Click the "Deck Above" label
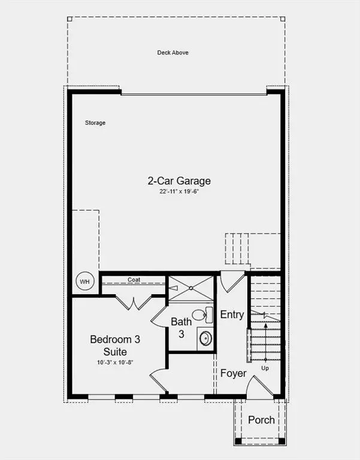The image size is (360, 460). tap(173, 53)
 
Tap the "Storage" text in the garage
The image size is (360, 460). tap(95, 123)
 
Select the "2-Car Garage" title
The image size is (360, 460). tap(179, 180)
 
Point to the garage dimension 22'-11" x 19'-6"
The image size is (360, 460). tap(179, 192)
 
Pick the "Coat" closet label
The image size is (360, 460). tap(134, 280)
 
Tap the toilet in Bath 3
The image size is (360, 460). tap(202, 315)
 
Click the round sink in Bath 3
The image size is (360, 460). tap(205, 338)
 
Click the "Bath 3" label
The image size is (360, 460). tap(181, 328)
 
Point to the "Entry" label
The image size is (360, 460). tap(232, 315)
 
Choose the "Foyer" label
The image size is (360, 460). tap(233, 373)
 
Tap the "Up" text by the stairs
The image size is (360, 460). tap(265, 368)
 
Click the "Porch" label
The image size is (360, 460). tap(261, 419)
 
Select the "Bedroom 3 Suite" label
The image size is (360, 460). tap(115, 345)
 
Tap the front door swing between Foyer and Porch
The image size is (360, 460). tap(261, 386)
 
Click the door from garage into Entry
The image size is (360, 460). tap(231, 282)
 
